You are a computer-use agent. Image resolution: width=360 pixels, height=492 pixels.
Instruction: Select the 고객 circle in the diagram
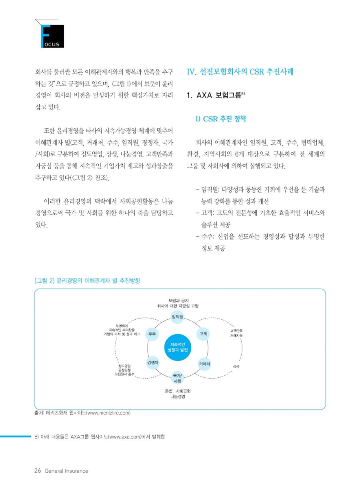click(x=203, y=333)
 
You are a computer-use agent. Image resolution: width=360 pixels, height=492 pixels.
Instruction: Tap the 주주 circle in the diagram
click(x=152, y=333)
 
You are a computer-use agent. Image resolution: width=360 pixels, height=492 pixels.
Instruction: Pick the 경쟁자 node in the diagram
click(x=153, y=363)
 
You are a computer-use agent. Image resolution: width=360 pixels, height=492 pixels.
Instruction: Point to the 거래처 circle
click(x=204, y=364)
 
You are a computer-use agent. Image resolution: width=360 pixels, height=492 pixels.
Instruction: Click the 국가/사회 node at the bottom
click(x=178, y=378)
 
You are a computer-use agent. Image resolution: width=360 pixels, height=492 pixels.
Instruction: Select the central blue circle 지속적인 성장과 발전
click(x=178, y=347)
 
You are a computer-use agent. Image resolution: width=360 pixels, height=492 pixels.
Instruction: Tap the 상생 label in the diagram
click(x=236, y=366)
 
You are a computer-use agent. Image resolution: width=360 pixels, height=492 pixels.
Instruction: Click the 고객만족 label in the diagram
click(x=236, y=331)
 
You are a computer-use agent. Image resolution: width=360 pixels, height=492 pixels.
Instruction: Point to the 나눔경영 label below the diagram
click(x=178, y=397)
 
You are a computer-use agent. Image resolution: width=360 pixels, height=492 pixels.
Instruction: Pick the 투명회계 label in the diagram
click(x=122, y=325)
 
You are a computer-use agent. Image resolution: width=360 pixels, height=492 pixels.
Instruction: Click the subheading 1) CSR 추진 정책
click(x=220, y=119)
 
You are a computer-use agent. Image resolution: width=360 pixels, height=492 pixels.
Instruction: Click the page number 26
click(x=38, y=470)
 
